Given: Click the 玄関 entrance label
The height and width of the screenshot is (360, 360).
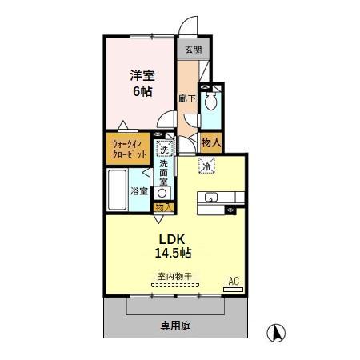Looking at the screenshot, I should pyautogui.click(x=193, y=49).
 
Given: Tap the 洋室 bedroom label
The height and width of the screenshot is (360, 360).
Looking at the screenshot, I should pyautogui.click(x=142, y=75).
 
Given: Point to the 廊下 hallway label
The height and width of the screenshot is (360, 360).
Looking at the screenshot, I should pyautogui.click(x=187, y=98).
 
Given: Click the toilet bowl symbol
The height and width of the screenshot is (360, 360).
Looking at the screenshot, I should pyautogui.click(x=211, y=102).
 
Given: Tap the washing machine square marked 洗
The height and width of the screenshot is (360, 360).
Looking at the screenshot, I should pyautogui.click(x=163, y=149).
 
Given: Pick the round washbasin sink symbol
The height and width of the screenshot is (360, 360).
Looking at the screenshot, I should pyautogui.click(x=162, y=193).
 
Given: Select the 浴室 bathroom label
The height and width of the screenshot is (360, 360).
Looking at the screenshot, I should pyautogui.click(x=139, y=190).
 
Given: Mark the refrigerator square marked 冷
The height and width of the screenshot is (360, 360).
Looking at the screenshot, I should pyautogui.click(x=206, y=167).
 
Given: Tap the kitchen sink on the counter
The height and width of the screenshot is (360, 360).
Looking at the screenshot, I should pyautogui.click(x=212, y=198).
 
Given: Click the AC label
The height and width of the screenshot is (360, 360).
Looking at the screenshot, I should pyautogui.click(x=234, y=281).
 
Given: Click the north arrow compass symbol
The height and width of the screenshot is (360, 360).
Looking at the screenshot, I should pyautogui.click(x=275, y=331).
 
